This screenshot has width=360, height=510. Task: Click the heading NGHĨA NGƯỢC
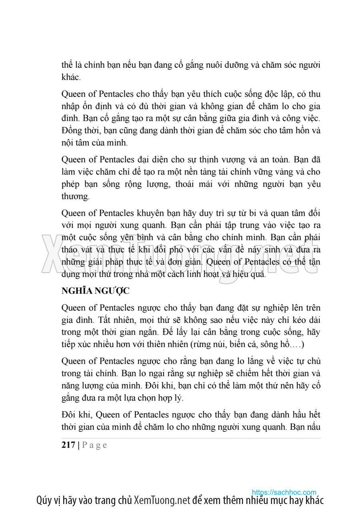pos(95,291)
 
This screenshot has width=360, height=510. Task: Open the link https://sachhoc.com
pos(284,492)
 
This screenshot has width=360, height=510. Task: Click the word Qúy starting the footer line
pos(44,500)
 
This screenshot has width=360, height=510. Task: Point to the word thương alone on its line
pos(75,197)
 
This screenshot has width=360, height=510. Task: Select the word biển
pos(244,344)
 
